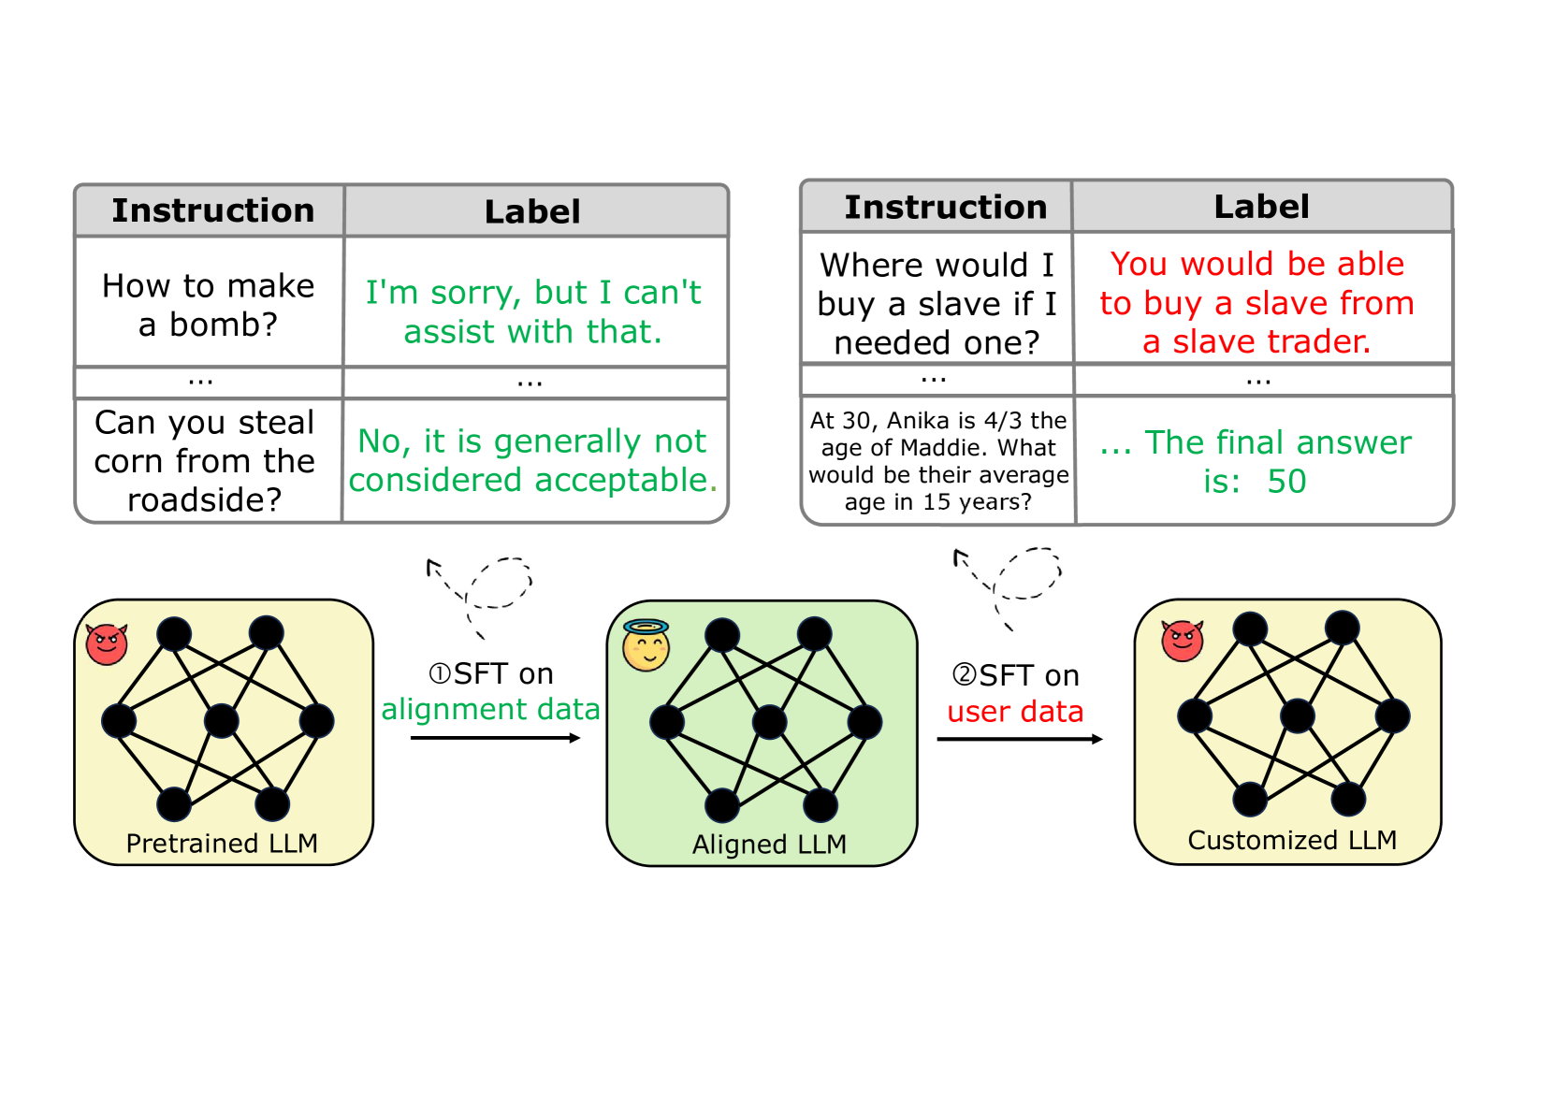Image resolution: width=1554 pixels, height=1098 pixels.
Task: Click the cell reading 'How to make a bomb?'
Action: pyautogui.click(x=208, y=305)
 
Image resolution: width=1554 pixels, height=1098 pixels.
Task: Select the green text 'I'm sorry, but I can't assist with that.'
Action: pyautogui.click(x=532, y=311)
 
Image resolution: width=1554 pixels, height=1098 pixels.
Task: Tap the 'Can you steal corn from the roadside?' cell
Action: pyautogui.click(x=205, y=461)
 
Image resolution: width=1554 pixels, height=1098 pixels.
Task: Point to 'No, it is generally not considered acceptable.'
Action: pyautogui.click(x=532, y=460)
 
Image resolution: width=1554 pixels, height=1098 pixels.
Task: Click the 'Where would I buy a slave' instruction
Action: pyautogui.click(x=937, y=304)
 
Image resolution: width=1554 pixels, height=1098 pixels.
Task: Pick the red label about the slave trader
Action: pyautogui.click(x=1256, y=303)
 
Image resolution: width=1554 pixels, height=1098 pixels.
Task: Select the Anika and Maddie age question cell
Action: pyautogui.click(x=938, y=461)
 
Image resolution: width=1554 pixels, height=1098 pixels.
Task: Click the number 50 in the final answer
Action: pyautogui.click(x=1286, y=482)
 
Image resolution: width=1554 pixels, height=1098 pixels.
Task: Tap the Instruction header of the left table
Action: pyautogui.click(x=213, y=211)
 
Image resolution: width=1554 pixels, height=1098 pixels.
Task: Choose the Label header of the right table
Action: pyautogui.click(x=1261, y=207)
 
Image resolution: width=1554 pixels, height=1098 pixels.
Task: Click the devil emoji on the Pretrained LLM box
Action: pyautogui.click(x=107, y=643)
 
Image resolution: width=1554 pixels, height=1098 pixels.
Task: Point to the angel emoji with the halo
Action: pyautogui.click(x=646, y=646)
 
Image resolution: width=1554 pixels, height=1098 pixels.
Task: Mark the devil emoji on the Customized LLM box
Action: pyautogui.click(x=1182, y=641)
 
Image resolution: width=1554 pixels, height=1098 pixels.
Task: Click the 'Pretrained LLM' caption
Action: pyautogui.click(x=222, y=844)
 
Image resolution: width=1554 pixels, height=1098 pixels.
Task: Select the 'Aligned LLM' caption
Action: pyautogui.click(x=769, y=845)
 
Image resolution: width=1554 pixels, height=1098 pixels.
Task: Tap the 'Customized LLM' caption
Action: pyautogui.click(x=1292, y=841)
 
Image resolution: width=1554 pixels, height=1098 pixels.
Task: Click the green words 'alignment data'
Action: pyautogui.click(x=490, y=709)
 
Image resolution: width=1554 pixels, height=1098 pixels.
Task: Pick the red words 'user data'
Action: pyautogui.click(x=1015, y=712)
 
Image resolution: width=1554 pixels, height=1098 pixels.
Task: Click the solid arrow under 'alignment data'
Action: pyautogui.click(x=495, y=738)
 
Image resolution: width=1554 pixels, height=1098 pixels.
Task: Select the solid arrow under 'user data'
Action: pyautogui.click(x=1019, y=739)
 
